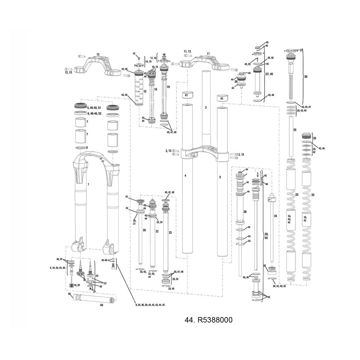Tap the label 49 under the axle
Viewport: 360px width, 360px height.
point(101,305)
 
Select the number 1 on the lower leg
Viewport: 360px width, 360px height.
point(88,184)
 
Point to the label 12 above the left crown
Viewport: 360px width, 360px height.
point(98,54)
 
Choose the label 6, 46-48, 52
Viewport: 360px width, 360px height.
point(94,114)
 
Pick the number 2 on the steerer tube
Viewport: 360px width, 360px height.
point(206,107)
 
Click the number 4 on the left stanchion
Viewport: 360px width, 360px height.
point(185,175)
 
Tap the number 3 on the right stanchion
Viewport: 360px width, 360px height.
point(220,177)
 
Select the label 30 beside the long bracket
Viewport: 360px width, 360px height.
point(306,77)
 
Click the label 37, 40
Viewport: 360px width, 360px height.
point(269,74)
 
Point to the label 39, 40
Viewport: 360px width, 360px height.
point(266,236)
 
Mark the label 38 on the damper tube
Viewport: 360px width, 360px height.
point(245,212)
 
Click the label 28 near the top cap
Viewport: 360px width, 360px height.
point(314,138)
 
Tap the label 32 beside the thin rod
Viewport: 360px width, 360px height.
point(295,130)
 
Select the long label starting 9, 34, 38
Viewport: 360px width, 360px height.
point(150,305)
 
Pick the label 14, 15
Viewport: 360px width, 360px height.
point(148,61)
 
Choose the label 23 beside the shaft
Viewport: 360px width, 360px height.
point(170,232)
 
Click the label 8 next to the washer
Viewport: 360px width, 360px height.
point(87,148)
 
